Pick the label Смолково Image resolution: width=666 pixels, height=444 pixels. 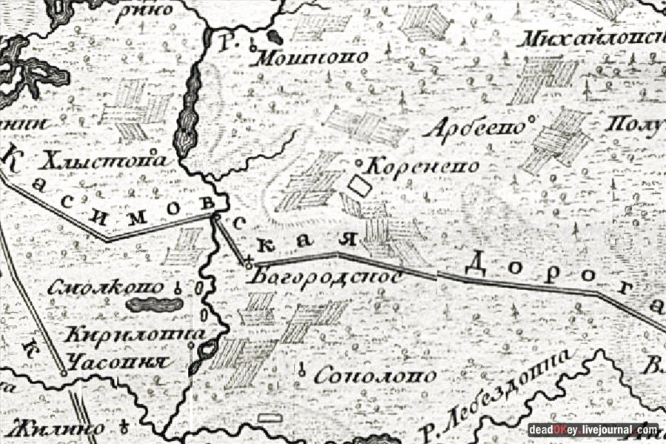(109, 288)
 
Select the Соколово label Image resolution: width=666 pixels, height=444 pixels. (375, 377)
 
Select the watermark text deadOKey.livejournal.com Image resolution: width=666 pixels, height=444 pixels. (593, 430)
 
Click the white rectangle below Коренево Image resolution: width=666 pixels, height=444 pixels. (359, 186)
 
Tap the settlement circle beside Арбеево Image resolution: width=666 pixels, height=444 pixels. (533, 118)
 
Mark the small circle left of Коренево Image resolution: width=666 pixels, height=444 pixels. (360, 162)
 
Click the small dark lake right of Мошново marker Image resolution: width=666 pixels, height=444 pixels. (275, 37)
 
